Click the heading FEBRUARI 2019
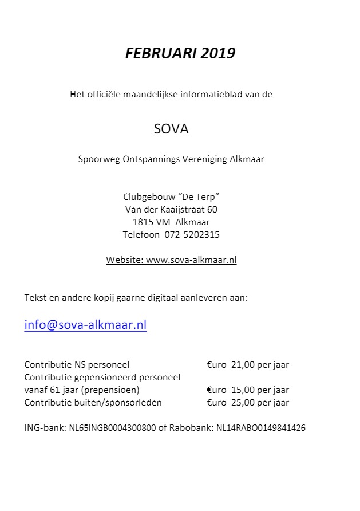click(180, 53)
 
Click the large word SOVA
click(171, 129)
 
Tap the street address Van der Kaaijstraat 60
click(171, 209)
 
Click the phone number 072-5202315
click(192, 234)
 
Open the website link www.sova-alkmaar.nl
click(191, 260)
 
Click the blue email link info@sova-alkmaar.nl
click(85, 325)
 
